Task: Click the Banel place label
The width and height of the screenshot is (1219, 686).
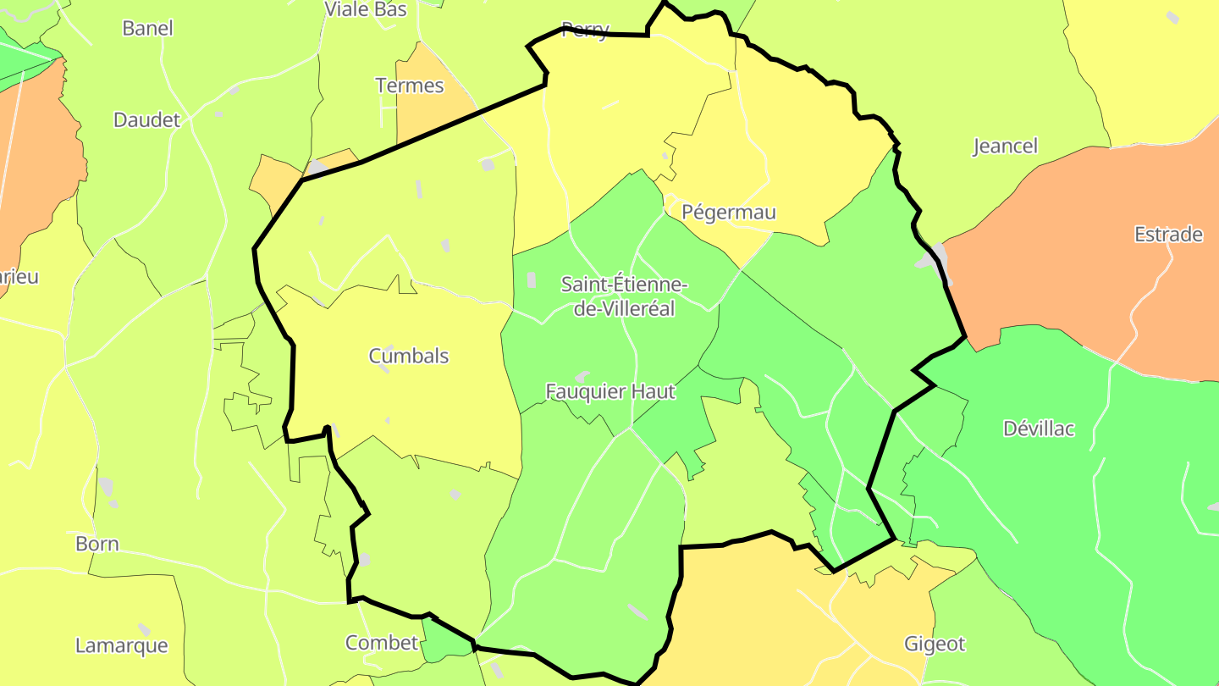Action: point(147,28)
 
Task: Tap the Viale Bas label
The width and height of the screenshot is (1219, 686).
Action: point(366,9)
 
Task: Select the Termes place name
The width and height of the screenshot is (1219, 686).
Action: point(410,86)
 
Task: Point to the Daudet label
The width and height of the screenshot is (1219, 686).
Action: point(147,120)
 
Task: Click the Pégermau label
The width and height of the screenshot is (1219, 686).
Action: point(729,213)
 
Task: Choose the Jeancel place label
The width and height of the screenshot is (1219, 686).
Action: point(1005,147)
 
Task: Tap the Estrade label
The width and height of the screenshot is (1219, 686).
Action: point(1168,235)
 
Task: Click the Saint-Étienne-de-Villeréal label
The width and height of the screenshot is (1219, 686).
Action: point(625,296)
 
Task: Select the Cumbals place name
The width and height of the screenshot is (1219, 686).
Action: point(409,357)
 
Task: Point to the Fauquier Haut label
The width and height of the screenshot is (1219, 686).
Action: point(610,391)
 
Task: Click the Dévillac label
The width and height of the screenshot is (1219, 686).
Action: point(1039,429)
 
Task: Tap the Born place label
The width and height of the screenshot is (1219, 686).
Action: point(97,544)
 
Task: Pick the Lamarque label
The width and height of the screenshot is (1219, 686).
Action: point(122,645)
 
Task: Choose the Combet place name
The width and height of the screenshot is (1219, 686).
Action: point(382,643)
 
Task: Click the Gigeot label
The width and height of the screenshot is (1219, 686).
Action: point(935,645)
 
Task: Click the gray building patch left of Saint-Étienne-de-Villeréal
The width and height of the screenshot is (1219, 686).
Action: point(532,280)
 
